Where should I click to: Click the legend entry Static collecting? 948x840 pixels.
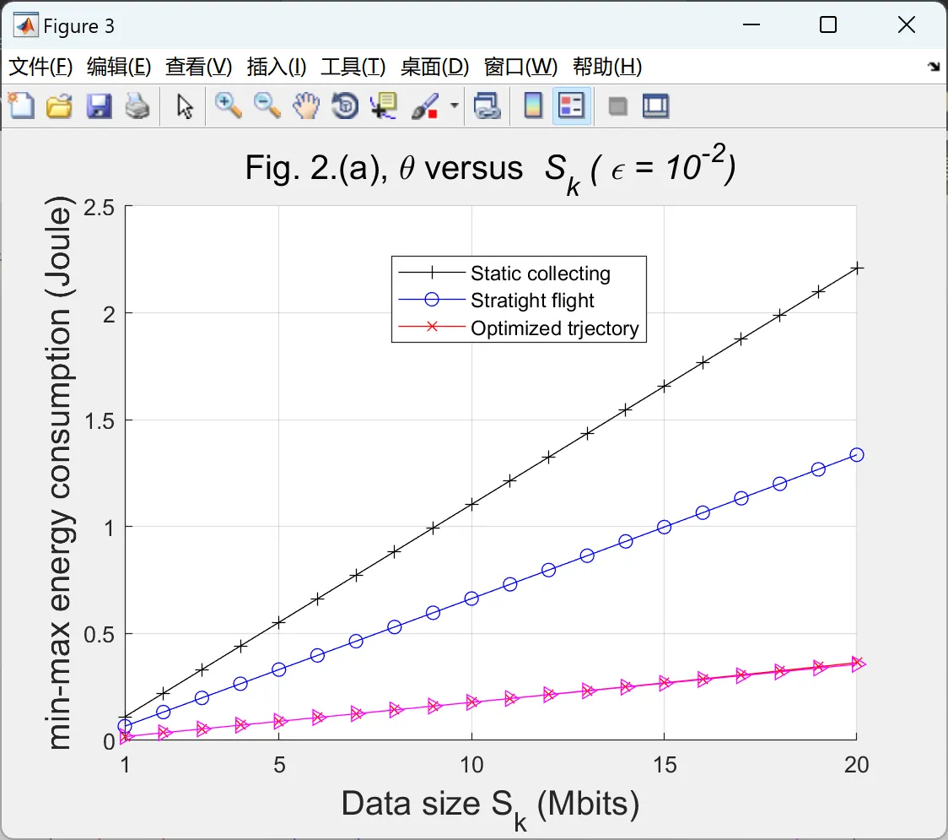coord(540,274)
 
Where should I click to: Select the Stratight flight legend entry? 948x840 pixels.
coord(532,301)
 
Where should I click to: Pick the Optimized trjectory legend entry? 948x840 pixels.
coord(554,328)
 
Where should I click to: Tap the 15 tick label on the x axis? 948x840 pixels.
coord(665,765)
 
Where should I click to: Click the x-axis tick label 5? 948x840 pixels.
coord(279,765)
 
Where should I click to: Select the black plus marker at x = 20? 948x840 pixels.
coord(857,268)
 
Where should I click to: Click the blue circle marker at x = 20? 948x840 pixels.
coord(857,454)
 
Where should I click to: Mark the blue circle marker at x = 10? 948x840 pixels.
coord(471,598)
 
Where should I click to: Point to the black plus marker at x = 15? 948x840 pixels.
coord(665,386)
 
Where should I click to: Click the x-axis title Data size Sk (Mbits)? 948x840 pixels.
coord(490,805)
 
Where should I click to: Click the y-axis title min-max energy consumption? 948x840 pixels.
coord(61,473)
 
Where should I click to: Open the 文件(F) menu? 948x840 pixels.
coord(40,68)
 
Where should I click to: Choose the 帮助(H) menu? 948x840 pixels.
coord(606,68)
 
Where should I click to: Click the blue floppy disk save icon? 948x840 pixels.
coord(99,106)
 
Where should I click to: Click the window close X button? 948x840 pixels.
coord(907,25)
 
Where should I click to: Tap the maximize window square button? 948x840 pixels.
coord(828,25)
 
